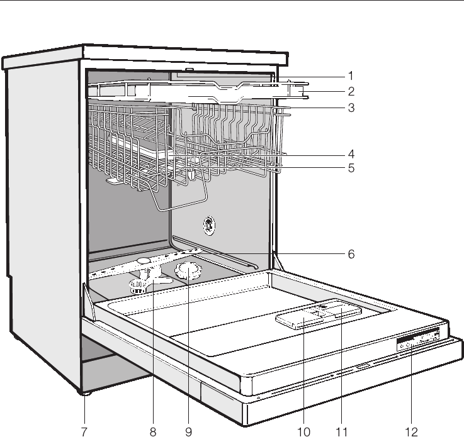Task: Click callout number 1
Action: (351, 75)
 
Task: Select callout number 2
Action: (351, 91)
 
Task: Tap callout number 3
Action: (351, 108)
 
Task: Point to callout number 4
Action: (351, 153)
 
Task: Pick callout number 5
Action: (351, 169)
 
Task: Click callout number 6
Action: (351, 255)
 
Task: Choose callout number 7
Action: (84, 431)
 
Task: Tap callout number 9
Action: (188, 431)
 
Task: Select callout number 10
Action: (304, 431)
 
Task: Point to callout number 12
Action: (410, 431)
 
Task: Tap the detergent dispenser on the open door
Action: (318, 315)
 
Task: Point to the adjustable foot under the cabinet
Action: (84, 393)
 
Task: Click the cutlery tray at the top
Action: (195, 92)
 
